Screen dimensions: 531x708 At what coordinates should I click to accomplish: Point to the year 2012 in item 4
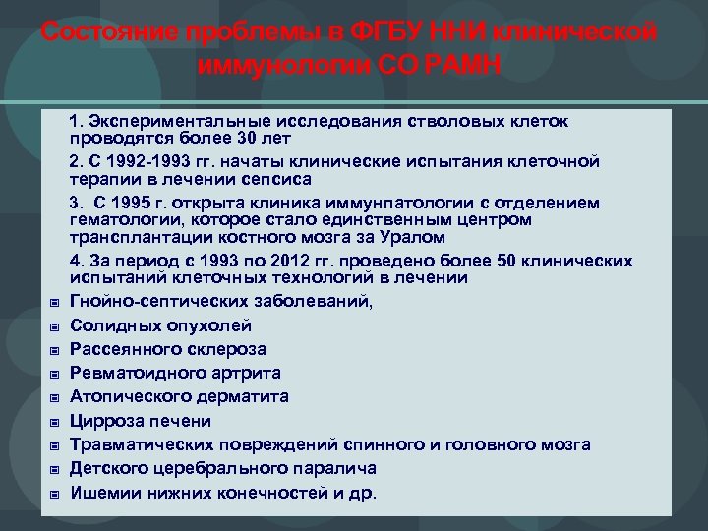tap(339, 262)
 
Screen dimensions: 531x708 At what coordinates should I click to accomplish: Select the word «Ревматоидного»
tap(131, 374)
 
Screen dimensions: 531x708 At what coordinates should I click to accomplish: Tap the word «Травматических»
tap(140, 444)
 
